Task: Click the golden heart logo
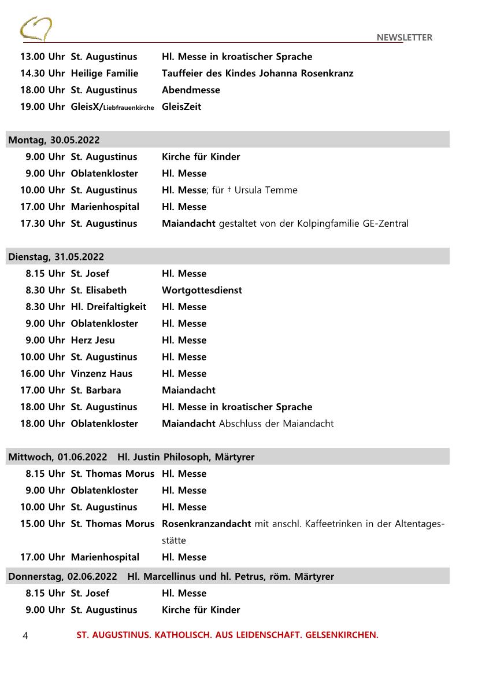click(x=36, y=29)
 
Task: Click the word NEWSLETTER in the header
click(x=404, y=38)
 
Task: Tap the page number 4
click(x=25, y=635)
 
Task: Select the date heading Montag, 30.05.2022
click(x=54, y=140)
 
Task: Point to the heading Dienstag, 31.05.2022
click(x=56, y=257)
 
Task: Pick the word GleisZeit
click(x=181, y=107)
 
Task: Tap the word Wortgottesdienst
click(x=202, y=290)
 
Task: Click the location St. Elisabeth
click(x=98, y=290)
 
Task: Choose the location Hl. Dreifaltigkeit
click(x=109, y=307)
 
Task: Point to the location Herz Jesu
click(x=92, y=340)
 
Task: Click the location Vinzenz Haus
click(x=101, y=374)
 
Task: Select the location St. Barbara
click(x=96, y=391)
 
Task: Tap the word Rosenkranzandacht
click(x=206, y=524)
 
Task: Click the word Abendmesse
click(x=191, y=90)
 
